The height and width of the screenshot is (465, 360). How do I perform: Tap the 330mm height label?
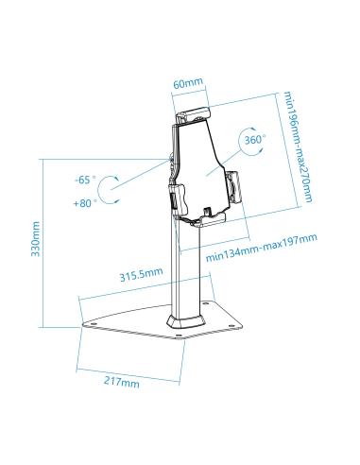click(35, 240)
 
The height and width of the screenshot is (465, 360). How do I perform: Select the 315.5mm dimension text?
click(141, 275)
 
